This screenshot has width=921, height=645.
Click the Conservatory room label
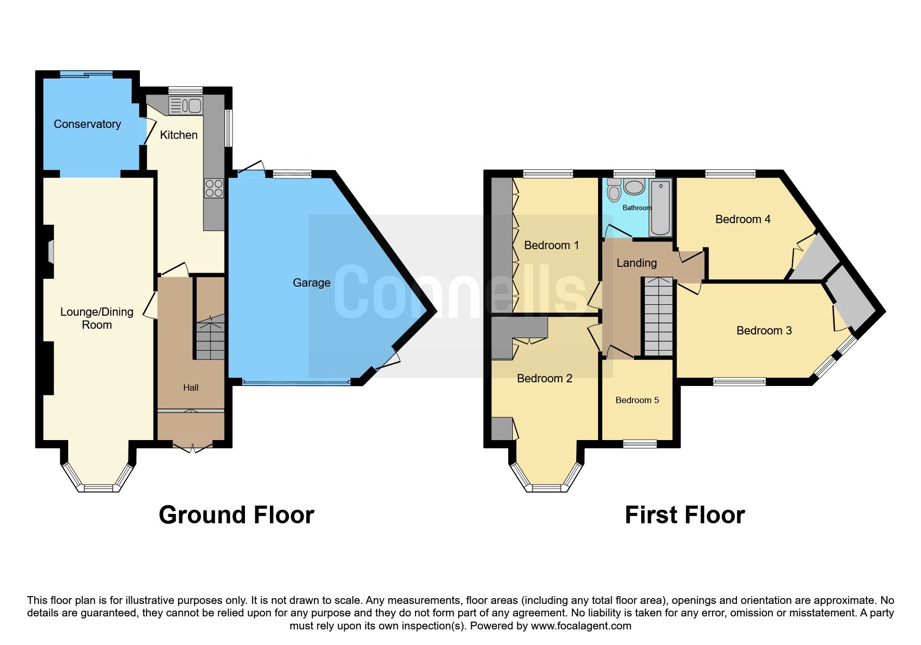87,124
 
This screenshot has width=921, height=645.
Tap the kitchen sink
186,106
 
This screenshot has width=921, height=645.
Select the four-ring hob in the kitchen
214,188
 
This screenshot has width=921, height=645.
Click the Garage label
312,282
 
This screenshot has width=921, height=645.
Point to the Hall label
191,388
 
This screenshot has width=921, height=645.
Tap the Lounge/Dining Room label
97,318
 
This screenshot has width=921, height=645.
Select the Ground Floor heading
236,515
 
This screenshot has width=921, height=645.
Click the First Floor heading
684,515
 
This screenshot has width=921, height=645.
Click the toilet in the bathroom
614,190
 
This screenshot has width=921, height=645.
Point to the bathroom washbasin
634,187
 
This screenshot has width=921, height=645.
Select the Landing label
637,263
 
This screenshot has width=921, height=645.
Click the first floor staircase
658,317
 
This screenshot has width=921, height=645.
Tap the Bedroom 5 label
637,400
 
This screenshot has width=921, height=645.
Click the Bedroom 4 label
743,220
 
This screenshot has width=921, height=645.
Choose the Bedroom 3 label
764,331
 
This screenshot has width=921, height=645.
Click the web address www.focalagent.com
581,626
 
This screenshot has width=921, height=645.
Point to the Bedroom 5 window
640,444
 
